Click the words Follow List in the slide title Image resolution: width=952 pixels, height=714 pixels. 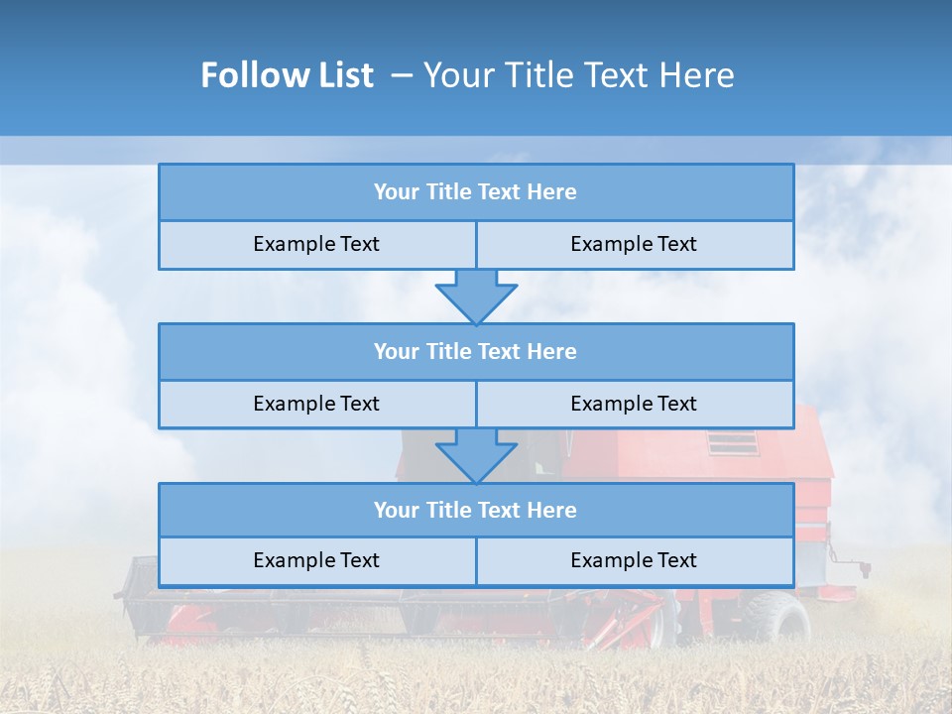[287, 75]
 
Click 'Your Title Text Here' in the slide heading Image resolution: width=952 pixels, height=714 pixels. [578, 75]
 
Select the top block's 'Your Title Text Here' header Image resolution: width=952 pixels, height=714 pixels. [475, 192]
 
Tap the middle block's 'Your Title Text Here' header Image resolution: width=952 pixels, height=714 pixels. [475, 351]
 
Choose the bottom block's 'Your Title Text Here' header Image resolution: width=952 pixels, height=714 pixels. [475, 510]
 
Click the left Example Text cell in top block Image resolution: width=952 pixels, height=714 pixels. [316, 244]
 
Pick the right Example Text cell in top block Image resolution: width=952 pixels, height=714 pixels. [634, 244]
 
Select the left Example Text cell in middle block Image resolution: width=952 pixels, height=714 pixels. [316, 404]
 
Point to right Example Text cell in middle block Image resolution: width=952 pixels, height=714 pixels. [634, 404]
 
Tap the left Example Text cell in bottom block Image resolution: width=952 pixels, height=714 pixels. [316, 560]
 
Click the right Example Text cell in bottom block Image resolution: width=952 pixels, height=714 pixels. [634, 560]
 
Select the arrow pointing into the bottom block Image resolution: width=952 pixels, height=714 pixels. [476, 455]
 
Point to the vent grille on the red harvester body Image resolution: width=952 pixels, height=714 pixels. [733, 443]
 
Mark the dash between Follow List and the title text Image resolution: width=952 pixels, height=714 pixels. [401, 75]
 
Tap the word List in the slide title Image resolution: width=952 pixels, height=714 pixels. [340, 75]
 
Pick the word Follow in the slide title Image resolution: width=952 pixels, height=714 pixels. [251, 75]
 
